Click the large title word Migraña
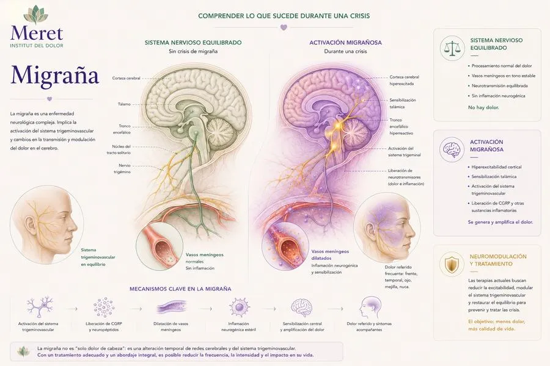click(x=55, y=75)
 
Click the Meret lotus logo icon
click(x=37, y=15)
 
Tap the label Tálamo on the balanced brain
click(x=124, y=104)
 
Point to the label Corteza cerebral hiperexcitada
click(x=404, y=80)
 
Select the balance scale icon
click(x=452, y=48)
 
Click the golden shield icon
click(x=452, y=265)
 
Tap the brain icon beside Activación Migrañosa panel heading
click(x=452, y=150)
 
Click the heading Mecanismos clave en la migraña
click(x=180, y=289)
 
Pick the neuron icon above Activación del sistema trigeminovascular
click(x=40, y=307)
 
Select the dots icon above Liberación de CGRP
click(x=104, y=307)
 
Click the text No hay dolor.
click(x=483, y=107)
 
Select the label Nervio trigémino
click(x=122, y=168)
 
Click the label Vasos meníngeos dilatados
click(x=330, y=254)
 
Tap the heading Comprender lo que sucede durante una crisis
click(x=284, y=16)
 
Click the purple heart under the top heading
click(x=284, y=27)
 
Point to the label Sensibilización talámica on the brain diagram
click(x=402, y=103)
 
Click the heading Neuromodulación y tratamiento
click(x=498, y=260)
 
